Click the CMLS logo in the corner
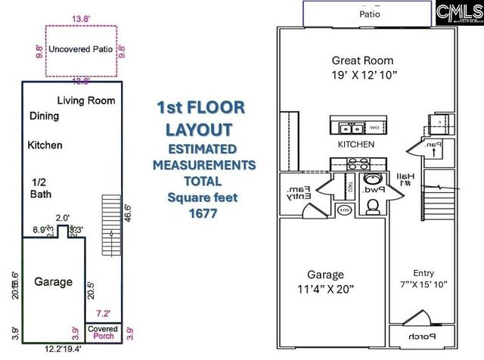pyautogui.click(x=458, y=14)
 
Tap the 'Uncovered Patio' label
pyautogui.click(x=80, y=49)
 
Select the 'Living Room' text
pyautogui.click(x=86, y=100)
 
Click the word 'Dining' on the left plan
pyautogui.click(x=44, y=116)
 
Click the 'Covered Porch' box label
pyautogui.click(x=101, y=333)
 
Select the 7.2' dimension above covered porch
pyautogui.click(x=102, y=312)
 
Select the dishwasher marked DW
pyautogui.click(x=377, y=127)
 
